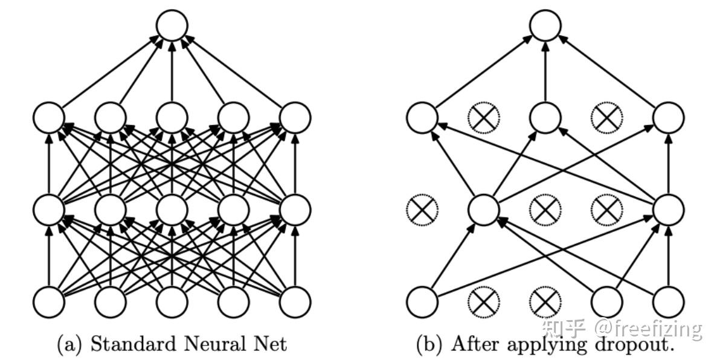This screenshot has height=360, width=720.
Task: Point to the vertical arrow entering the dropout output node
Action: coord(545,72)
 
